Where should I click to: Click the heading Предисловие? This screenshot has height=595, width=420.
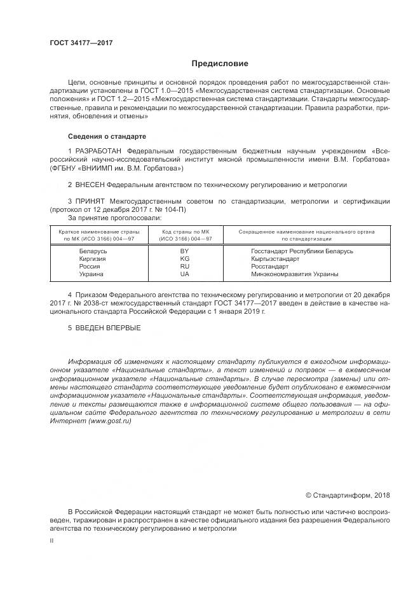click(220, 64)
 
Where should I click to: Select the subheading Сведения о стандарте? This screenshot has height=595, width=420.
click(107, 136)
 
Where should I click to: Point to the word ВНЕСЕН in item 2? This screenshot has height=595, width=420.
click(88, 185)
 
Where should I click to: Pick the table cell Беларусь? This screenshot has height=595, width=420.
click(93, 251)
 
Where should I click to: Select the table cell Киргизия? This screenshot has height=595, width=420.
click(93, 258)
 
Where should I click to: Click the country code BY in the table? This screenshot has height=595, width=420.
click(185, 251)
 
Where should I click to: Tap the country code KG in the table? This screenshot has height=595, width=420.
click(185, 258)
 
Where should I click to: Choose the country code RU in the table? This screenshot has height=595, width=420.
click(185, 266)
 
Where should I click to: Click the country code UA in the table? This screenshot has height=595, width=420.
click(185, 274)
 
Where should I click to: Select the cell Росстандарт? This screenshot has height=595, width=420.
click(273, 266)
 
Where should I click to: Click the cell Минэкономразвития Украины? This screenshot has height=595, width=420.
click(295, 274)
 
